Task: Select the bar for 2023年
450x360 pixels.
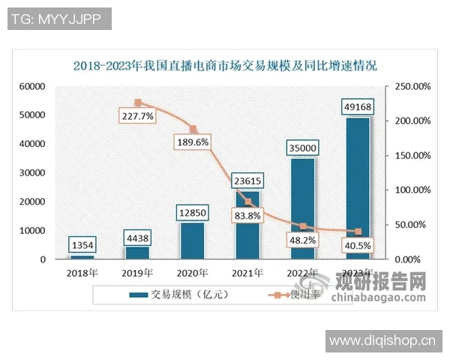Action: pos(357,195)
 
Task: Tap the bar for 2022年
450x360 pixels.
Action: pos(302,214)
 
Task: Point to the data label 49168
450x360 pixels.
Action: pos(357,106)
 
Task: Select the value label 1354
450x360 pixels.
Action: pos(82,244)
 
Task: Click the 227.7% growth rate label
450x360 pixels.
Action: pos(136,116)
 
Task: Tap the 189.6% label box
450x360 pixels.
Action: pos(192,142)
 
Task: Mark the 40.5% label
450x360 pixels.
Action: pos(357,244)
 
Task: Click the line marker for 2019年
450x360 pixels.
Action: pos(137,103)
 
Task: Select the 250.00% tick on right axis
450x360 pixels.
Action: pos(411,87)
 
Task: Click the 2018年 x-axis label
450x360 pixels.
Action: pos(82,272)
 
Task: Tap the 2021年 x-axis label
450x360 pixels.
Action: pos(247,272)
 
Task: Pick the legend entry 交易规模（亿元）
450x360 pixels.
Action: pos(180,295)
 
